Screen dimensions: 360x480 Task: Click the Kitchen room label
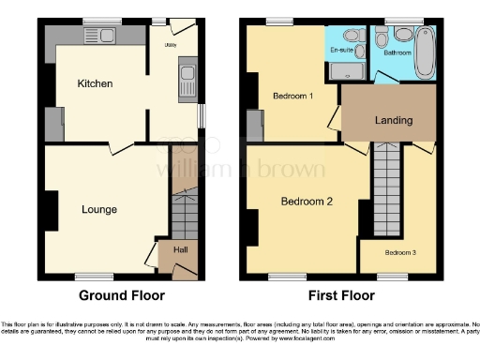pyautogui.click(x=95, y=84)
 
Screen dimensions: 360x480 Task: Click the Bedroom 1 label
pyautogui.click(x=292, y=97)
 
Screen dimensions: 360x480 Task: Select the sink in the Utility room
pyautogui.click(x=187, y=74)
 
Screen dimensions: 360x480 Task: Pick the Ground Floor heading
pyautogui.click(x=115, y=296)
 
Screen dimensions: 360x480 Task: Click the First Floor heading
pyautogui.click(x=340, y=296)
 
